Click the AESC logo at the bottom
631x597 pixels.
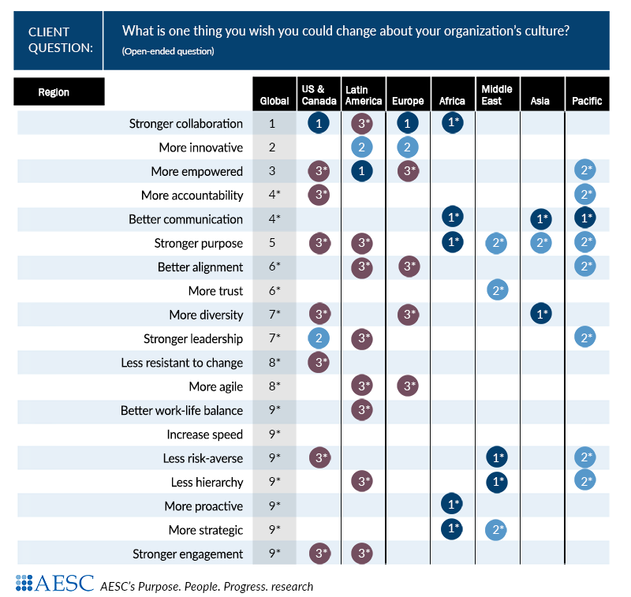[x=54, y=584]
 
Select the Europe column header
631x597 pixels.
[x=408, y=101]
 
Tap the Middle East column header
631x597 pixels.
[x=497, y=95]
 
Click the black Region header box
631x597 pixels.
[x=59, y=92]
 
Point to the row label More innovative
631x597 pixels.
[x=200, y=147]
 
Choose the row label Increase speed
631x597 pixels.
[x=204, y=435]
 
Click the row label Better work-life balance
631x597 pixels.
[x=181, y=411]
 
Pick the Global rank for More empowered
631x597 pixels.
[x=272, y=171]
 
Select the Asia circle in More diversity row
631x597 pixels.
[x=541, y=315]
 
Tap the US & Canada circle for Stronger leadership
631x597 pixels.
[x=319, y=339]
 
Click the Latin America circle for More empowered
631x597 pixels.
[x=362, y=171]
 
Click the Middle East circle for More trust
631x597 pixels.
[x=497, y=291]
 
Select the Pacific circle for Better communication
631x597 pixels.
[x=585, y=219]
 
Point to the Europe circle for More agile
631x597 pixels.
[x=408, y=386]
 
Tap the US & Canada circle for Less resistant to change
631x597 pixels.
[x=319, y=363]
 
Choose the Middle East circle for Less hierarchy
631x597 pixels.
[x=497, y=482]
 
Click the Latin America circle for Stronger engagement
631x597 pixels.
[x=362, y=554]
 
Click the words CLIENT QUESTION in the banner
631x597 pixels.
[x=60, y=39]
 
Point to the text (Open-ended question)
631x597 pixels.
[x=168, y=51]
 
